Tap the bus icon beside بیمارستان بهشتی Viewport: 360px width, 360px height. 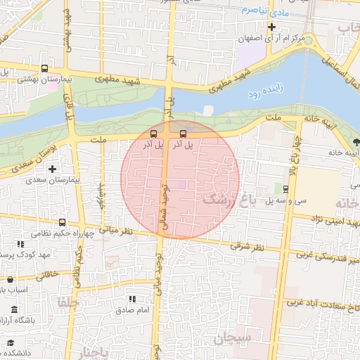[x=46, y=69]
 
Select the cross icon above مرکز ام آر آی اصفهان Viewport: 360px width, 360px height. [x=271, y=27]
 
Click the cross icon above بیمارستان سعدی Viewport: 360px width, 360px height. [x=51, y=169]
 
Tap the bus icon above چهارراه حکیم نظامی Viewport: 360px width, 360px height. [x=63, y=222]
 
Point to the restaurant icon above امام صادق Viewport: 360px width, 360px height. [x=133, y=300]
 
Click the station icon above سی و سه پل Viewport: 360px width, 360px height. [x=285, y=188]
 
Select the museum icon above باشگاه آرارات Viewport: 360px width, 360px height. [x=15, y=310]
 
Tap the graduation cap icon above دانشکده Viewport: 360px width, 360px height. [x=11, y=342]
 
